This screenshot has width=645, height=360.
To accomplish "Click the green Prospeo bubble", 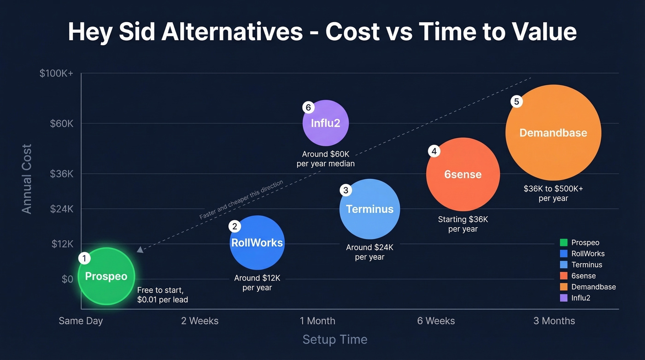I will pos(106,276).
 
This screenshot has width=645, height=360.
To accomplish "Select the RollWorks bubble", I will pos(257,242).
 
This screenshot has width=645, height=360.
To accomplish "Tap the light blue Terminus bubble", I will pos(369,209).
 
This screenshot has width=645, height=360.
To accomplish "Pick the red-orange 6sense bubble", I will pos(463,174).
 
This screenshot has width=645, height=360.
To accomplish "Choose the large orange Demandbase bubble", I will pos(553,133).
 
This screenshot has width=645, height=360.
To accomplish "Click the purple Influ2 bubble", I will pos(325,123).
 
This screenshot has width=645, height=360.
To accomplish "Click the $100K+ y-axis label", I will pos(56,73).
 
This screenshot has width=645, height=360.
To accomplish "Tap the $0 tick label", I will pos(67,279).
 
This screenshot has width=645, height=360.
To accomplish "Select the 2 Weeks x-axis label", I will pos(199,321).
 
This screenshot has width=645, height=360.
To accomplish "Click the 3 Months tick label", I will pos(554,321).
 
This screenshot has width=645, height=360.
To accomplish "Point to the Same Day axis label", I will pos(81,321).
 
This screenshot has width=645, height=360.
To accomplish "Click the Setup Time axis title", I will pos(335,340).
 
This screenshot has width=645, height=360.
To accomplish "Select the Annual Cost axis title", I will pos(27,179).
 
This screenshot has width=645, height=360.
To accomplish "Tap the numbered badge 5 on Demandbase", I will pos(516,102).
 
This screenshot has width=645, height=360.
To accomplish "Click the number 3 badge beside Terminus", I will pos(346,190).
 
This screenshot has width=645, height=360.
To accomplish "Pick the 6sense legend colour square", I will pos(563,276).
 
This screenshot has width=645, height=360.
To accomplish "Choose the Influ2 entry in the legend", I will pos(580,298).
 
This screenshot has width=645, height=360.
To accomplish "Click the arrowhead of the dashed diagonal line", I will pos(140,250).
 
